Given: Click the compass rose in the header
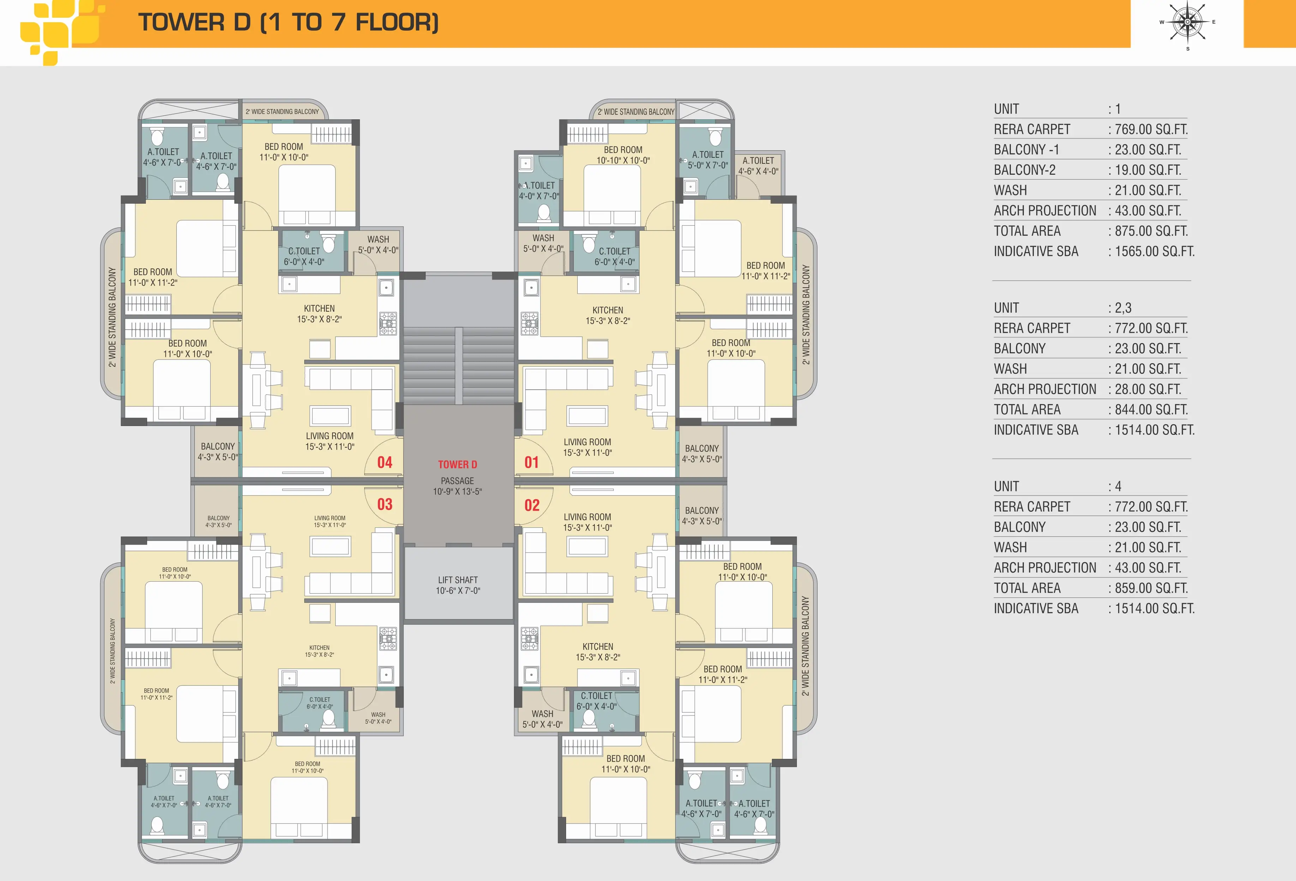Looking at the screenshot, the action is pyautogui.click(x=1187, y=22).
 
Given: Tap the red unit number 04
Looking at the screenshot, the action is pyautogui.click(x=385, y=462).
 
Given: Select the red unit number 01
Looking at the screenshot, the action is pyautogui.click(x=532, y=462).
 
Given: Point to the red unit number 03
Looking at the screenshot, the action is pyautogui.click(x=385, y=504).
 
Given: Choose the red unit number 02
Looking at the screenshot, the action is pyautogui.click(x=532, y=505).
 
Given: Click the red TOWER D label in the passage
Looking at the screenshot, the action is pyautogui.click(x=457, y=465).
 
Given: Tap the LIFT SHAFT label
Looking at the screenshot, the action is pyautogui.click(x=458, y=580).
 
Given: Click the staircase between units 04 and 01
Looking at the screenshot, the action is pyautogui.click(x=458, y=366).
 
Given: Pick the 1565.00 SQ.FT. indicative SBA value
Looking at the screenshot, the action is pyautogui.click(x=1154, y=251).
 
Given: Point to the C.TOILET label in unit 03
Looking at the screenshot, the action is pyautogui.click(x=319, y=699).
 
